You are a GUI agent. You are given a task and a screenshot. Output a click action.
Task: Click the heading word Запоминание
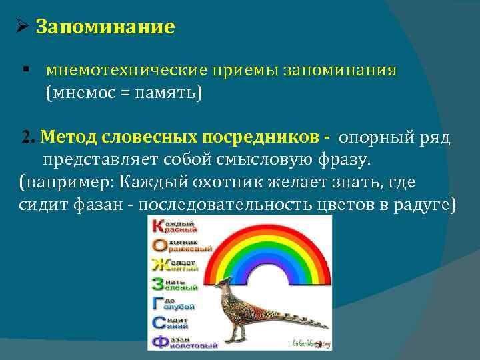pyautogui.click(x=105, y=27)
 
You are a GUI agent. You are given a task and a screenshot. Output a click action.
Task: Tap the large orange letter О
pyautogui.click(x=159, y=245)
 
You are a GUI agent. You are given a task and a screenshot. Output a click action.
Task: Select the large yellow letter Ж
pyautogui.click(x=159, y=265)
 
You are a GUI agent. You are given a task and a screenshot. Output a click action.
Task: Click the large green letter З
pyautogui.click(x=159, y=284)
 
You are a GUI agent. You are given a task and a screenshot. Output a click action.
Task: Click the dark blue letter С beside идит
pyautogui.click(x=159, y=323)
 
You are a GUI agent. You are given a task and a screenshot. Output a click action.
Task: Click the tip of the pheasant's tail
pyautogui.click(x=327, y=328)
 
